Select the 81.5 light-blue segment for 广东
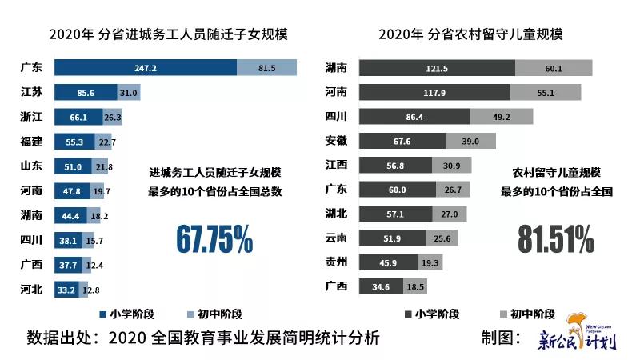(x=266, y=68)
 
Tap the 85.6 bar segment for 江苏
(x=86, y=93)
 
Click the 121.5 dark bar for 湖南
(x=435, y=68)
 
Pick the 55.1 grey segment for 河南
(x=545, y=93)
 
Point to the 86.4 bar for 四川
(x=414, y=118)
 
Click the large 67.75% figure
(x=214, y=238)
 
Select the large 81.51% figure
(x=555, y=238)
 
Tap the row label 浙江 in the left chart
(x=32, y=118)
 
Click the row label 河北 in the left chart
(x=32, y=290)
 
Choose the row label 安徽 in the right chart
(x=338, y=142)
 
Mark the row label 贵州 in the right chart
(x=338, y=262)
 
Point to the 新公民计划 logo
(x=577, y=335)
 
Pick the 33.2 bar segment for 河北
(x=66, y=290)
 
